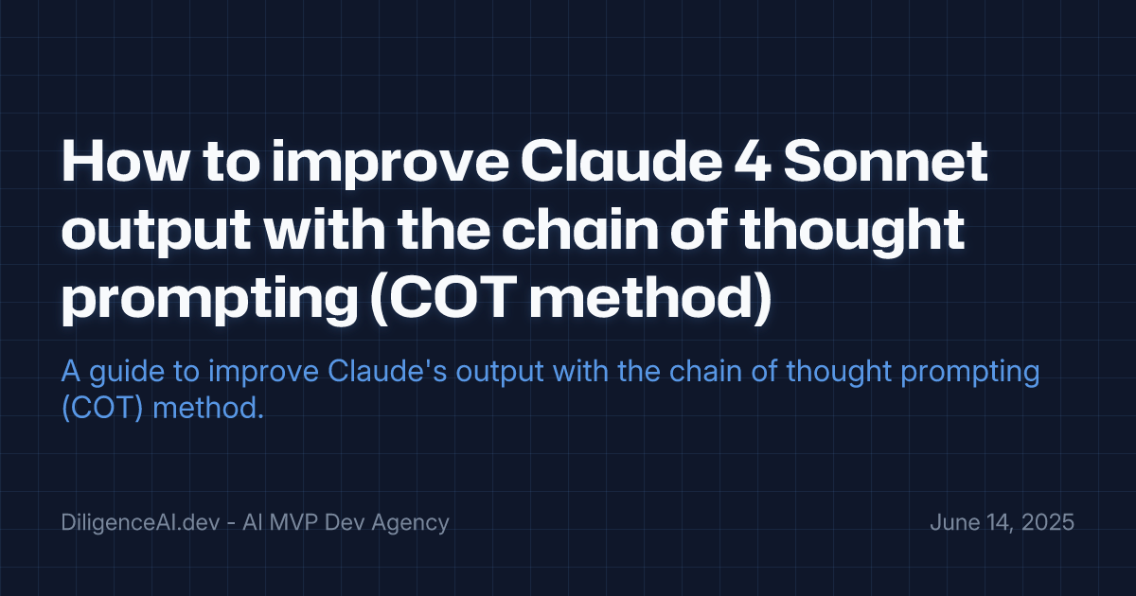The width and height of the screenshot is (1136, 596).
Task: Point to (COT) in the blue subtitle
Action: coord(96,410)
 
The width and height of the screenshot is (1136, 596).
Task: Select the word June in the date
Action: coord(952,522)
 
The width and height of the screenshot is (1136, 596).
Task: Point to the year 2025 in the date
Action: coord(1048,522)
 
